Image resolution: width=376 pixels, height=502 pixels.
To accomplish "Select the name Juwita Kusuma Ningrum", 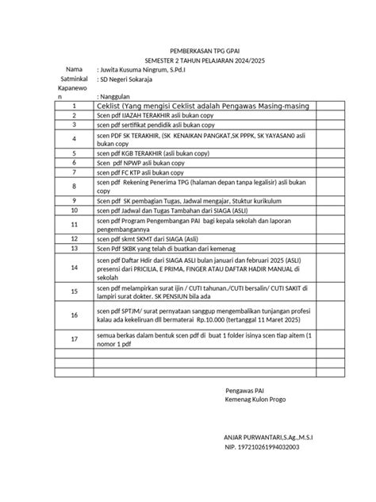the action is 134,70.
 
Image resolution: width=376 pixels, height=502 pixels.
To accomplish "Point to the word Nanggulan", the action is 115,96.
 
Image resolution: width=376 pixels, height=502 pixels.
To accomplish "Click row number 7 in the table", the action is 73,172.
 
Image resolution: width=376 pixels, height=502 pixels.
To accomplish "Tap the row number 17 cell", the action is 73,339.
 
